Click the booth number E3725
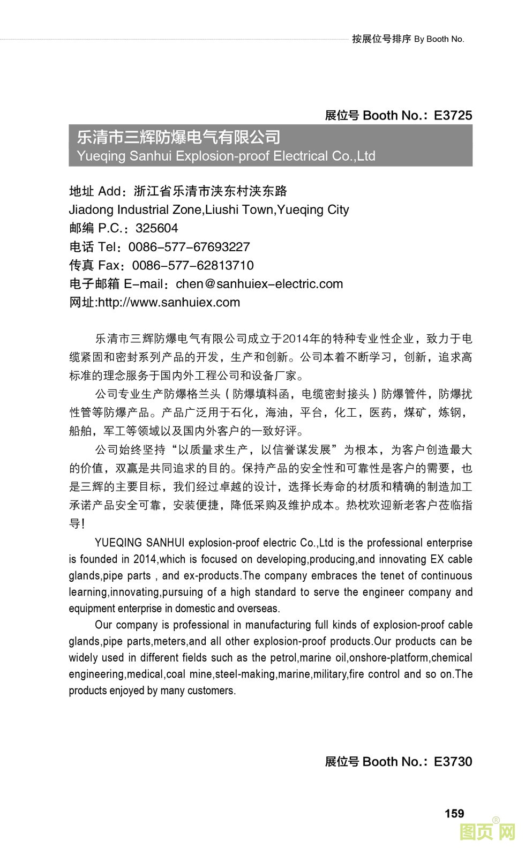click(453, 115)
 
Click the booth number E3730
click(453, 761)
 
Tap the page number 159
click(454, 813)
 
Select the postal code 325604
click(156, 228)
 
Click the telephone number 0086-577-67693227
click(189, 247)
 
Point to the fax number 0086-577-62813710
click(193, 265)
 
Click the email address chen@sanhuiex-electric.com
click(259, 284)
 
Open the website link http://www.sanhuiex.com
click(169, 302)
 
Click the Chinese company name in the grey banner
click(178, 137)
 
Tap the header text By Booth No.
click(439, 39)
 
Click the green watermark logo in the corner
click(487, 831)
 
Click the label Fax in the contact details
click(109, 265)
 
